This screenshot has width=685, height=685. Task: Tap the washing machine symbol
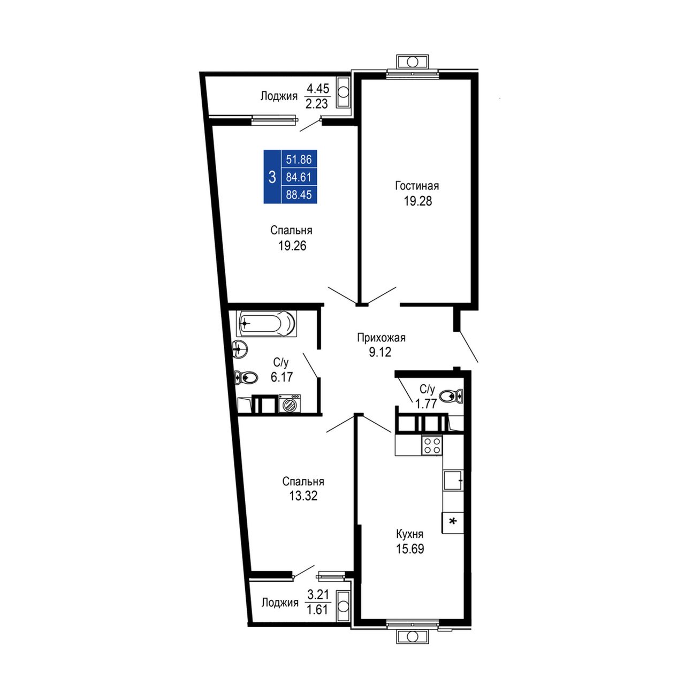point(290,404)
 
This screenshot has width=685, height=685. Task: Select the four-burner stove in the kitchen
point(432,445)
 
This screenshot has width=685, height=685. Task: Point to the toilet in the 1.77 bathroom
point(451,395)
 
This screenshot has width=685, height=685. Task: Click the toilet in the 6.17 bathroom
point(245,378)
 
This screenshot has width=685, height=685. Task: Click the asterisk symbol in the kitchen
point(453,521)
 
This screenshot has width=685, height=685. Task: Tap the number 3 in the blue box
point(272,177)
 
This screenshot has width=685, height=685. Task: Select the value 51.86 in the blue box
point(299,159)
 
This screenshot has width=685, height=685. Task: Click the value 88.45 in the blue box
point(299,194)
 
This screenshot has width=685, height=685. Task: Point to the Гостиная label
point(417,186)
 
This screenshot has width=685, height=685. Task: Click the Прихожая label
point(381,337)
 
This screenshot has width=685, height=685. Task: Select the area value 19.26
point(292,246)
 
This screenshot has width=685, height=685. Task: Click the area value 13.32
point(303,495)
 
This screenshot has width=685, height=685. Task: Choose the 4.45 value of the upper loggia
point(318,88)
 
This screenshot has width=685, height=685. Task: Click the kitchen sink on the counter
point(453,480)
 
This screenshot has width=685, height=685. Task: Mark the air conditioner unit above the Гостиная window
point(413,62)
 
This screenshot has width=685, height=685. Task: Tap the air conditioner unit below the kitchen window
point(413,636)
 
